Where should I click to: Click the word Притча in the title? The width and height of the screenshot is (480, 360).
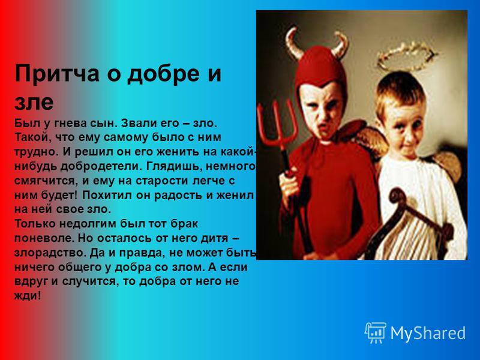tap(57, 74)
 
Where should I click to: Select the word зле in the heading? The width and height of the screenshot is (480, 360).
tap(34, 102)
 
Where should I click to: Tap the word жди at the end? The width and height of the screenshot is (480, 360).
tap(25, 296)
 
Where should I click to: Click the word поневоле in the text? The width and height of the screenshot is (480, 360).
tap(43, 238)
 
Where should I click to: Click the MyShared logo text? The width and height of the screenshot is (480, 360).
tap(428, 334)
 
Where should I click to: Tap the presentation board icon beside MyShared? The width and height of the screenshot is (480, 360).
tap(376, 332)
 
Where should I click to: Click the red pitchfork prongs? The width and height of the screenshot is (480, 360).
tap(277, 125)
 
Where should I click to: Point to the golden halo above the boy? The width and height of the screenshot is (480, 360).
tap(406, 56)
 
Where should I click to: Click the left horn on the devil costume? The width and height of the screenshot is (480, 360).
tap(293, 43)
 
